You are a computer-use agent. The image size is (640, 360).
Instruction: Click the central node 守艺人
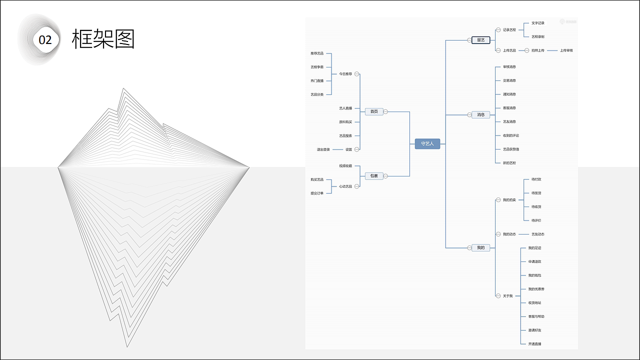tap(427, 143)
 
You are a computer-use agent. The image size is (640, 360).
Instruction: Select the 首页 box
tap(374, 111)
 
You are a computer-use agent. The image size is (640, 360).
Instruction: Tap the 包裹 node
tap(374, 176)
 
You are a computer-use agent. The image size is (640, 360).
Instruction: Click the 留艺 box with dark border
tap(480, 40)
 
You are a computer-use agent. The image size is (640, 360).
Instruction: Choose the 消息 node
tap(480, 114)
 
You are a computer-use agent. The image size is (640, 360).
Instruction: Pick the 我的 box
tap(480, 247)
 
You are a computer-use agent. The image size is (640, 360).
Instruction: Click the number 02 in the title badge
tap(45, 40)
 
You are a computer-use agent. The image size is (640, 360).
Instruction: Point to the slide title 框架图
tap(103, 39)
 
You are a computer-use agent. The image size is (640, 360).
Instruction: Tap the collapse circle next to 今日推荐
tap(357, 74)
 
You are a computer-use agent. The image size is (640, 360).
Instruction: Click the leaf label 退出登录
tap(323, 149)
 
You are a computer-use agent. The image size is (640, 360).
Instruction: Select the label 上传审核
tap(566, 50)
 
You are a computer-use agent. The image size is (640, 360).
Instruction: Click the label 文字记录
tap(538, 23)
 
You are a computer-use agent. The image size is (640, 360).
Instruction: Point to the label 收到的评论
tap(511, 135)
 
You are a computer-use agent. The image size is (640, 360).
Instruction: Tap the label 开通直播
tap(534, 344)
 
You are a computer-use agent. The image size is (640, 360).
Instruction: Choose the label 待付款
tap(536, 179)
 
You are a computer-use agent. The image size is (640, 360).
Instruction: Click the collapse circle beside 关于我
tap(498, 296)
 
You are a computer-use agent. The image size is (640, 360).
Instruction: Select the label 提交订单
tap(317, 193)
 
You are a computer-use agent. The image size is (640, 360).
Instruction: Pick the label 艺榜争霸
tap(317, 67)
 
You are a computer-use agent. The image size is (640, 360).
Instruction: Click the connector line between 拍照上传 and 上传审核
tap(552, 50)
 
